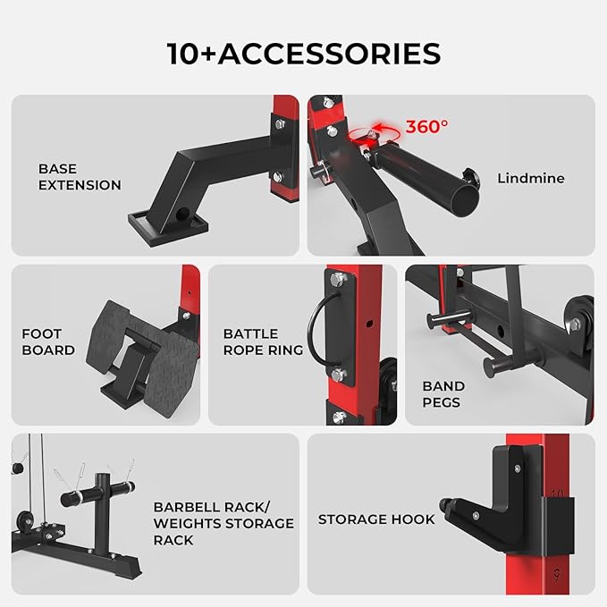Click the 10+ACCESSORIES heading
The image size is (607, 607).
(304, 54)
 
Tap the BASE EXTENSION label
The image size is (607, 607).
(80, 177)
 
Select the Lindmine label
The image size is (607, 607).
(531, 179)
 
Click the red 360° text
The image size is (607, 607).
(426, 127)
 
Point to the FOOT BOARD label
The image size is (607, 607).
(48, 341)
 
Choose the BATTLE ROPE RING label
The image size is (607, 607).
(263, 341)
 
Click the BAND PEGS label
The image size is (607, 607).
(443, 394)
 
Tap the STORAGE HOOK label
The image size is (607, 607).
(376, 519)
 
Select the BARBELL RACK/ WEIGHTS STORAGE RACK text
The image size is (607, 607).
(223, 523)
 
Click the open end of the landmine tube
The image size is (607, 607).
(465, 201)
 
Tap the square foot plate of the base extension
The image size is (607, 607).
(168, 228)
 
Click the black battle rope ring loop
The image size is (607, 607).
(317, 329)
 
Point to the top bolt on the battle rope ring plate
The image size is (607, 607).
(338, 279)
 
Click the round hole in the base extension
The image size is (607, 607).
(182, 214)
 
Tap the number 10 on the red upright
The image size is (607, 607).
(558, 493)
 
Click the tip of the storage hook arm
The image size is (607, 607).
(444, 504)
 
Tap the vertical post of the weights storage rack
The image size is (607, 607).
(103, 515)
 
